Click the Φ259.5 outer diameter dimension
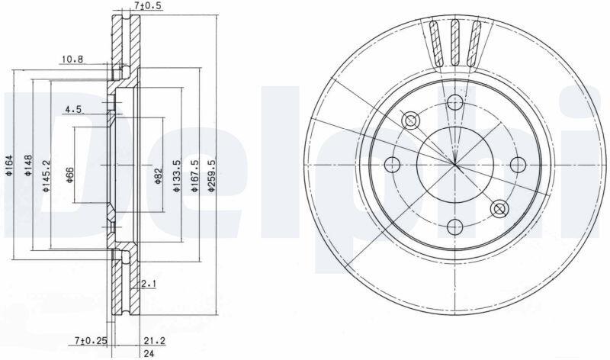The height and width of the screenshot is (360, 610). pyautogui.click(x=212, y=176)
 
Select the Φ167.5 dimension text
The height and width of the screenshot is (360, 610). pyautogui.click(x=194, y=176)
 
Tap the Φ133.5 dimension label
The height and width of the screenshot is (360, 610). pyautogui.click(x=176, y=176)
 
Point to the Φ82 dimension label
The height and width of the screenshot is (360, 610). pyautogui.click(x=158, y=176)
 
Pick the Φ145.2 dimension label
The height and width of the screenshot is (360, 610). pyautogui.click(x=46, y=176)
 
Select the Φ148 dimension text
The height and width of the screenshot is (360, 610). pyautogui.click(x=28, y=165)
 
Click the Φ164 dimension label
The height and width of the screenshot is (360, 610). pyautogui.click(x=9, y=165)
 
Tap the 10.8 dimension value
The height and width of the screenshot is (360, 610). pyautogui.click(x=72, y=59)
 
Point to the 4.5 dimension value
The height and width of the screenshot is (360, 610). pyautogui.click(x=73, y=109)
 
